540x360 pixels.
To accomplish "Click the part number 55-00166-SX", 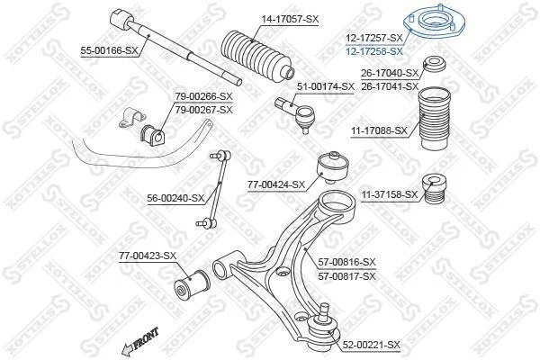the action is point(109,51).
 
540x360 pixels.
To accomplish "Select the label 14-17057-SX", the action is point(290,19).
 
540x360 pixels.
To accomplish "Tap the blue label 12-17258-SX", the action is point(374,51).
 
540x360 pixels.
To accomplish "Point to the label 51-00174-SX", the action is point(326,86).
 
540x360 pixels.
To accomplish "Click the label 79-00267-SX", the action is point(204,110).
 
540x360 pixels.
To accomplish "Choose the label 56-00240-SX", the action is point(175,198).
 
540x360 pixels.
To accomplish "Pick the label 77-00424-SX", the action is point(276,185).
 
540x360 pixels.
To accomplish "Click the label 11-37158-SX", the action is point(389,195).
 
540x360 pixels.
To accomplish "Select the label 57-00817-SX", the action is point(346,276).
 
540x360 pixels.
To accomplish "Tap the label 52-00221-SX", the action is point(372,345).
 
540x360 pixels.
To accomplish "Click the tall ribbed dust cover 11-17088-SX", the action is point(434,119).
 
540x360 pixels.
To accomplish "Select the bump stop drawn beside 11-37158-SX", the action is point(434,189).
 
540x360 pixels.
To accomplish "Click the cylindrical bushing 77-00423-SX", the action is point(190,283).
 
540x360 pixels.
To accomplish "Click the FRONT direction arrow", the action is point(139,341).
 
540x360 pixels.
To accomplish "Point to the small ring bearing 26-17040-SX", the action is point(435,64).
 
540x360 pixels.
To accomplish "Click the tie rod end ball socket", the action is point(305,117).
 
